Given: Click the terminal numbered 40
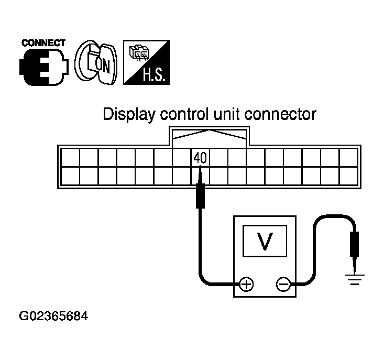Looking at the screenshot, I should pos(200,157).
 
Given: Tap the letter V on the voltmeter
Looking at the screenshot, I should pos(266,240).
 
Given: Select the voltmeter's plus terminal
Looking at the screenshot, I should pos(246,285).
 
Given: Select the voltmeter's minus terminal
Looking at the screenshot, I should pos(283,285).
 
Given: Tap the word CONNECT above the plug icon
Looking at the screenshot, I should pos(43,43).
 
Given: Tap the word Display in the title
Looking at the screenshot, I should pos(128,114).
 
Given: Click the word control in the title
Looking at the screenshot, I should pos(186,114).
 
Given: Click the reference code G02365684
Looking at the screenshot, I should pos(53,317).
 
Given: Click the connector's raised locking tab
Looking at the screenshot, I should pos(209,137).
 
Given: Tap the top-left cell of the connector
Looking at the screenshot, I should pos(70,157).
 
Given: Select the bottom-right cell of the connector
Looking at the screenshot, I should pos(348,176).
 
